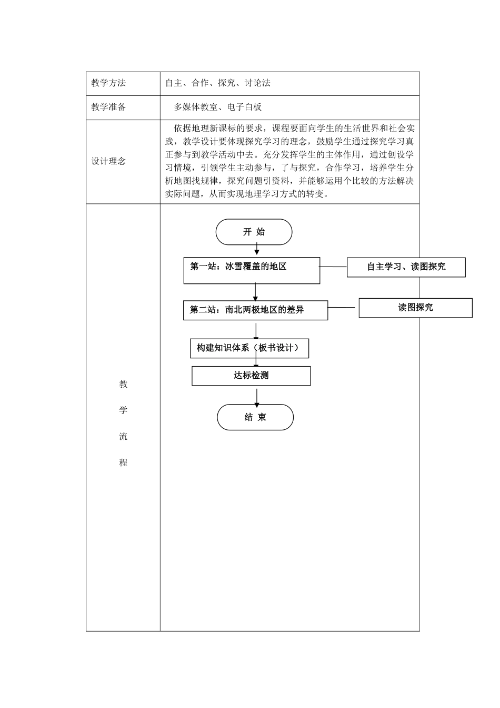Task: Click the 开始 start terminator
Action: pos(254,232)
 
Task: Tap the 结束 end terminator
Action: pos(255,417)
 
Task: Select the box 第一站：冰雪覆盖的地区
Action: pos(252,270)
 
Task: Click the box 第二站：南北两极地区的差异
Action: pos(255,310)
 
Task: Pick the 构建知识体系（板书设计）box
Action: pos(249,348)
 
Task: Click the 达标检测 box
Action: pos(251,376)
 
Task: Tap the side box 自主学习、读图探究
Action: pos(406,267)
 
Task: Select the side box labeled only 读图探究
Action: pos(415,308)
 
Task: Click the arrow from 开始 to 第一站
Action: pos(256,251)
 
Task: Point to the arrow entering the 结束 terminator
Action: pos(256,397)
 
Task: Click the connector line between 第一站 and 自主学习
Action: pos(333,267)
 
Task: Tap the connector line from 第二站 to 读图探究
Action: pos(343,307)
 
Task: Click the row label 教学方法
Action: pos(109,83)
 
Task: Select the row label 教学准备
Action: pos(109,107)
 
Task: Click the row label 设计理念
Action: pos(109,161)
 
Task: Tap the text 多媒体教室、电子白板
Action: pos(218,107)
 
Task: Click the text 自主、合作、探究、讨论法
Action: pos(218,83)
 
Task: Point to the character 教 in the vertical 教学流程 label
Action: pos(123,384)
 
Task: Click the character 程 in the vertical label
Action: pos(123,463)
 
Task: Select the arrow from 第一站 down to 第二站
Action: pos(255,292)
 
